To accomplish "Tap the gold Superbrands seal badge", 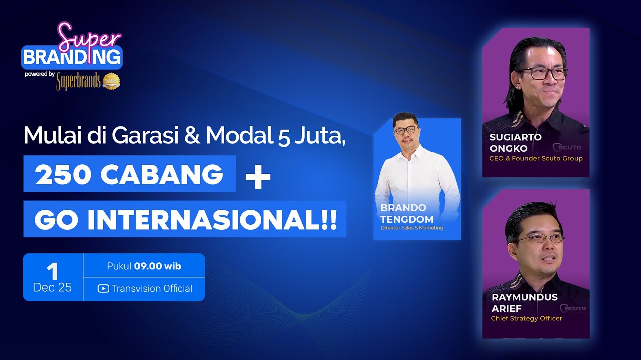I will [112, 81].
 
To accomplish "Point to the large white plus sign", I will [258, 178].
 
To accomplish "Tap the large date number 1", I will [52, 271].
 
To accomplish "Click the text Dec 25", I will [52, 288].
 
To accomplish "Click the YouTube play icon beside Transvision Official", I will [103, 288].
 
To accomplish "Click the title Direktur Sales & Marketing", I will [412, 228].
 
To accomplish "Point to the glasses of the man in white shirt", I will [405, 130].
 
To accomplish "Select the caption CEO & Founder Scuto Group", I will [536, 158].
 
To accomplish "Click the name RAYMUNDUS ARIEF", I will [524, 302].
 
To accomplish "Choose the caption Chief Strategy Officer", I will [526, 318].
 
